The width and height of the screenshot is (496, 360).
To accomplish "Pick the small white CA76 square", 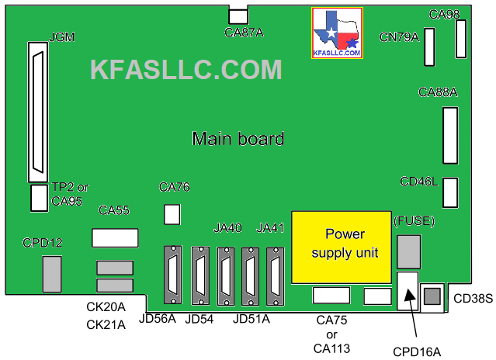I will coord(172,213).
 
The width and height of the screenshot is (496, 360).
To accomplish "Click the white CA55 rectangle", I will coord(114,237).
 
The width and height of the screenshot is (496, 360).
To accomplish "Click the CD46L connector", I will coord(450,193).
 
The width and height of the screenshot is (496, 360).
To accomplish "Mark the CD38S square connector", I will coord(432,296).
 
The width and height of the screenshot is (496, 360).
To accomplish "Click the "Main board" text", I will coord(238,140).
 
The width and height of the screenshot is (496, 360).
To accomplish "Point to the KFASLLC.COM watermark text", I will coord(186,70).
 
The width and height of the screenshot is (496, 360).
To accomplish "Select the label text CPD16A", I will coord(416,351).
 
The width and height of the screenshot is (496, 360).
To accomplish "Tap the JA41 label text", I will coord(271,227).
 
